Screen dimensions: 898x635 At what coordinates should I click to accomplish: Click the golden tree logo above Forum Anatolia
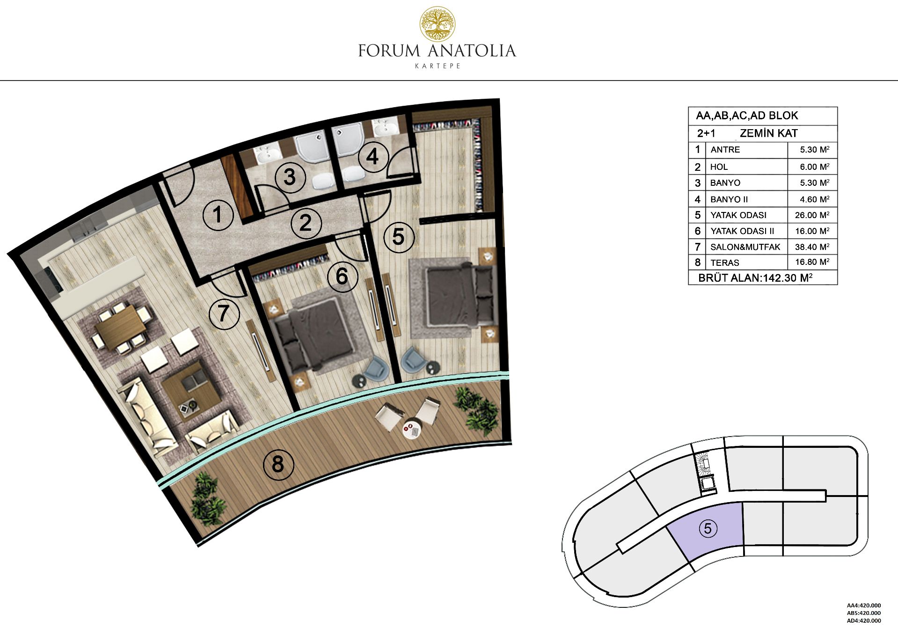pyautogui.click(x=437, y=23)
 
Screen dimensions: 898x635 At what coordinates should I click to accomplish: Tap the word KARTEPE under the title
pyautogui.click(x=438, y=66)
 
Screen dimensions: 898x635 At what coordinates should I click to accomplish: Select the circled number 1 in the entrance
pyautogui.click(x=218, y=215)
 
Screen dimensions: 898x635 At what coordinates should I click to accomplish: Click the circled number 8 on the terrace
pyautogui.click(x=278, y=464)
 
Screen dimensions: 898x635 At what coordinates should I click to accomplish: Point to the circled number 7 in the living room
pyautogui.click(x=224, y=313)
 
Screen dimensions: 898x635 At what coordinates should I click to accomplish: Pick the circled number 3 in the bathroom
pyautogui.click(x=290, y=177)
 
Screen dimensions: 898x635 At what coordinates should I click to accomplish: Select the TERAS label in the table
pyautogui.click(x=725, y=263)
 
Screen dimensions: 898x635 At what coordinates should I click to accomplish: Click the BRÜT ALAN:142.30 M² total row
pyautogui.click(x=755, y=277)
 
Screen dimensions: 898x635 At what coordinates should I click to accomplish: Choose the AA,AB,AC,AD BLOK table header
pyautogui.click(x=747, y=116)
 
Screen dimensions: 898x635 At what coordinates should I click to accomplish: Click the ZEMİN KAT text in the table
pyautogui.click(x=768, y=133)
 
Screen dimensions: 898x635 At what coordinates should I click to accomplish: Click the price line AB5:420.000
pyautogui.click(x=864, y=613)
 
